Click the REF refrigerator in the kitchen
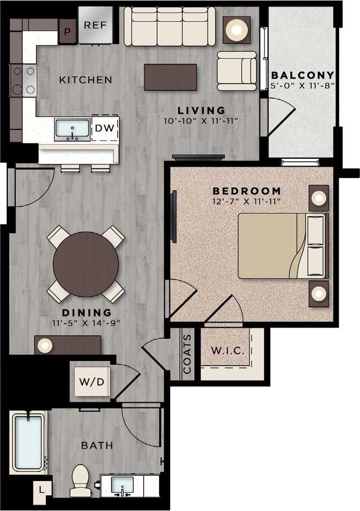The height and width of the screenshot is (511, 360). pos(95,25)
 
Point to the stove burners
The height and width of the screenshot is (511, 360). pos(23,80)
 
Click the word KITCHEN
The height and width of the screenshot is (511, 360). pos(85,80)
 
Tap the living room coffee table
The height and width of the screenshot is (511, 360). pos(170,77)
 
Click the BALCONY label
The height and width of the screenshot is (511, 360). pos(303,75)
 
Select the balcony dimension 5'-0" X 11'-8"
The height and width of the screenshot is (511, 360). pos(303,86)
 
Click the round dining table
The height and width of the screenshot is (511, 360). pos(86,264)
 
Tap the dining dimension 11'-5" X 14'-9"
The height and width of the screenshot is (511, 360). pos(86,323)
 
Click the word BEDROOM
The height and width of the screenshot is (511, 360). pos(246,191)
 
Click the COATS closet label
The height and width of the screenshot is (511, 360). pos(187,354)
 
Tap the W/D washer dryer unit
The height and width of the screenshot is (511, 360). pos(92,382)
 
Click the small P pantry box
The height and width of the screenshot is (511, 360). pos(67,32)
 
